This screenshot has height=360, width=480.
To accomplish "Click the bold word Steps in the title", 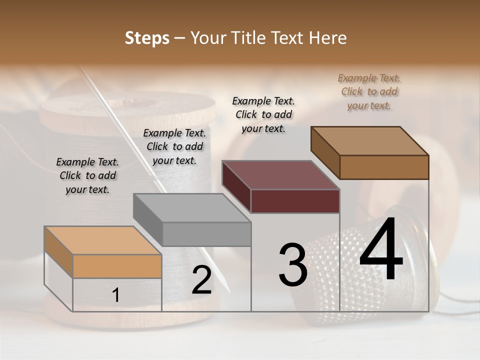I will [147, 38].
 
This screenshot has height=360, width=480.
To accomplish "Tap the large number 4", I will [381, 250].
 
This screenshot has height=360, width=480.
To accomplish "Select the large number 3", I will [292, 264].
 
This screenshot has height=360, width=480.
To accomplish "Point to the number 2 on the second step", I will [201, 280].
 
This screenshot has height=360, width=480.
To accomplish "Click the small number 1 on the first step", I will [116, 295].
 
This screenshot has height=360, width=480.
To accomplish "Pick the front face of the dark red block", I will [295, 201].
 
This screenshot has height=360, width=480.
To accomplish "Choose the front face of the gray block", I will [206, 234].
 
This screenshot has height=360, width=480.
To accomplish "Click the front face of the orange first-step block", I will [117, 266].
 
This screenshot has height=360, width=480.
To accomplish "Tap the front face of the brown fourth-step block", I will [384, 167].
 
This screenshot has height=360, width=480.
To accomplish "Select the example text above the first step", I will [87, 175].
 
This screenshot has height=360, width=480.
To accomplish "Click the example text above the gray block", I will [174, 146].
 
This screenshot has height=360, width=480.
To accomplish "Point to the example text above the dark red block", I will [263, 114].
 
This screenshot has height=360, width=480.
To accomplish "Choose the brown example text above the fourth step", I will [369, 91].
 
